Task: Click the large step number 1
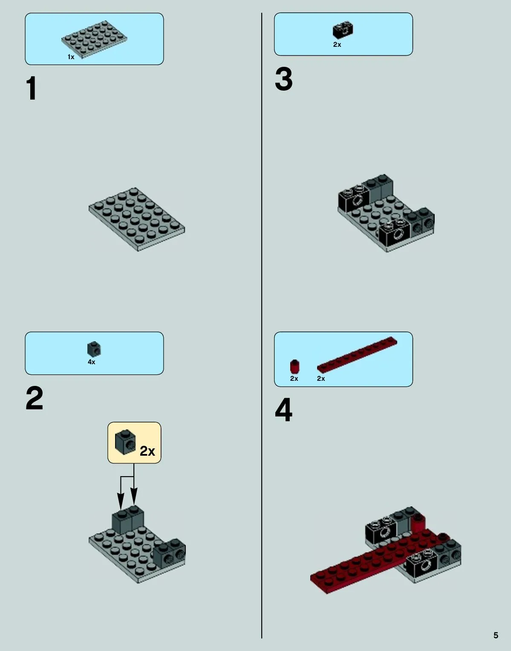click(x=32, y=88)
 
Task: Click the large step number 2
click(x=35, y=398)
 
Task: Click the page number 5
click(x=496, y=635)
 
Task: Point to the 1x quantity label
click(x=71, y=57)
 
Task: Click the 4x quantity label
click(x=91, y=362)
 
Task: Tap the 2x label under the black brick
click(x=337, y=45)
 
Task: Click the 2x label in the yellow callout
click(x=147, y=451)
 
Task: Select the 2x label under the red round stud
click(x=294, y=378)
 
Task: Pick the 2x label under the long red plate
click(x=321, y=378)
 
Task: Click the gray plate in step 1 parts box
click(x=94, y=39)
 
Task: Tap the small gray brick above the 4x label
click(x=94, y=349)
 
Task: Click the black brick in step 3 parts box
click(x=343, y=30)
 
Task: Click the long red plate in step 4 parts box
click(x=357, y=355)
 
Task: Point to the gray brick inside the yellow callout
click(x=125, y=442)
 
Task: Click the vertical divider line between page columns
click(x=262, y=325)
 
